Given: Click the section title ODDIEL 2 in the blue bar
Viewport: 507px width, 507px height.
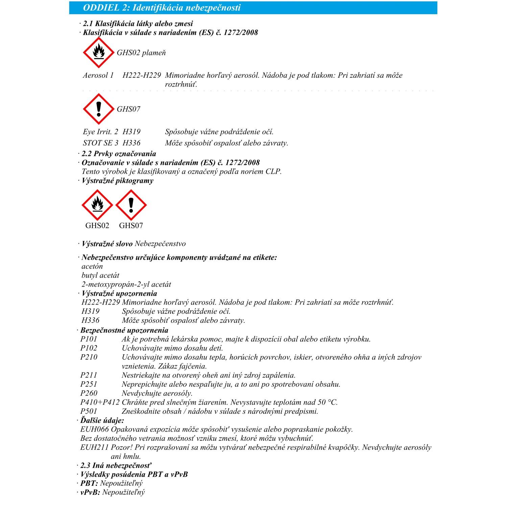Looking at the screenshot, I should [x=162, y=8].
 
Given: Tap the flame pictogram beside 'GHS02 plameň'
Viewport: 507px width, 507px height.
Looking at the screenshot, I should [x=99, y=53].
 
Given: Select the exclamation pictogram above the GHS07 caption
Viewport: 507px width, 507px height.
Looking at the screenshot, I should [x=131, y=205].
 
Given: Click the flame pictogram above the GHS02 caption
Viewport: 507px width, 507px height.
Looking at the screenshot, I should [x=97, y=205].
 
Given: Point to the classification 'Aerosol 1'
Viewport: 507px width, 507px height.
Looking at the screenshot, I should [x=98, y=75].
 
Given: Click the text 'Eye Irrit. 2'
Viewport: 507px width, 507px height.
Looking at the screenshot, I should [x=100, y=132].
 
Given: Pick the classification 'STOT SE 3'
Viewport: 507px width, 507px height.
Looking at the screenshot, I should [x=100, y=143].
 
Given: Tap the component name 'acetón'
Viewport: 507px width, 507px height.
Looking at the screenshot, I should [x=92, y=266].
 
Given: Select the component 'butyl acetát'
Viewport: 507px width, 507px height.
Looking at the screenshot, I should [x=100, y=275].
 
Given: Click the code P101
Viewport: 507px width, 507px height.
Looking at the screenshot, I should [x=89, y=339].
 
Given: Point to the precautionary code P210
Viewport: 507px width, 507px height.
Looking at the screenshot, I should [x=89, y=357].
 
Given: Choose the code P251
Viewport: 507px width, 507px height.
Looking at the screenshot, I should [x=89, y=384].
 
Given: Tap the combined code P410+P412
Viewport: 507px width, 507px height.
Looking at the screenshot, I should [x=100, y=402].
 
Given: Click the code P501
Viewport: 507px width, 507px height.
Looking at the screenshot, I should [x=89, y=411].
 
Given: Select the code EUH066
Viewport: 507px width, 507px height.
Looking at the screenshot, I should [x=95, y=430].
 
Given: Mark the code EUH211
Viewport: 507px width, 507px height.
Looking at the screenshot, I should [x=95, y=448].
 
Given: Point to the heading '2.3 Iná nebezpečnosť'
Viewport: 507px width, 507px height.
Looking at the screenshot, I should [x=116, y=466].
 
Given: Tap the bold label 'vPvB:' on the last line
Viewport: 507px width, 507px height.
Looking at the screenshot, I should [x=90, y=492].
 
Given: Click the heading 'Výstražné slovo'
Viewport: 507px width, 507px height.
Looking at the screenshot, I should [x=107, y=244].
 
